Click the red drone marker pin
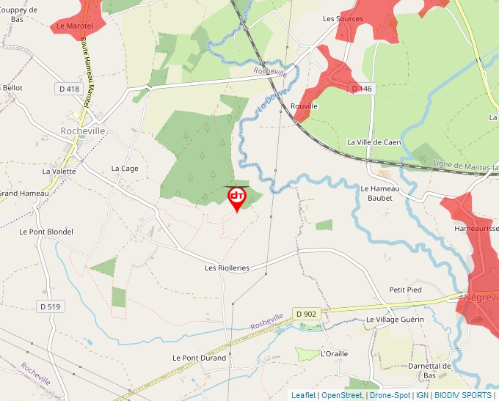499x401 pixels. coord(236,199)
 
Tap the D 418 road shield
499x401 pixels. coord(68,89)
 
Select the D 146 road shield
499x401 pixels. coord(362,89)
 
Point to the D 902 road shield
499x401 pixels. coord(307,314)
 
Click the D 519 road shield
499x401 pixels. coord(49,306)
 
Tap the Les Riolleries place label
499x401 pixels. coord(227,268)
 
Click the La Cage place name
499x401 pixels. coord(125,169)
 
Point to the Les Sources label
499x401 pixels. coord(343,19)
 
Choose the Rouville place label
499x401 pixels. coord(305,106)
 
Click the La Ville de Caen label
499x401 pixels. coord(374,142)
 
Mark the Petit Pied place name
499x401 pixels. coord(405,290)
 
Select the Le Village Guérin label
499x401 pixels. coord(395,320)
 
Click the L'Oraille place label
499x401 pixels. coord(335,354)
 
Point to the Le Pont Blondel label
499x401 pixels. coord(46,232)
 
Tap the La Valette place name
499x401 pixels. coord(59,172)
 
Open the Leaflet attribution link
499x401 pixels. coord(303,395)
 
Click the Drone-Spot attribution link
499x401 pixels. coord(390,395)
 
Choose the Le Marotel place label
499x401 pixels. coord(73,26)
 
